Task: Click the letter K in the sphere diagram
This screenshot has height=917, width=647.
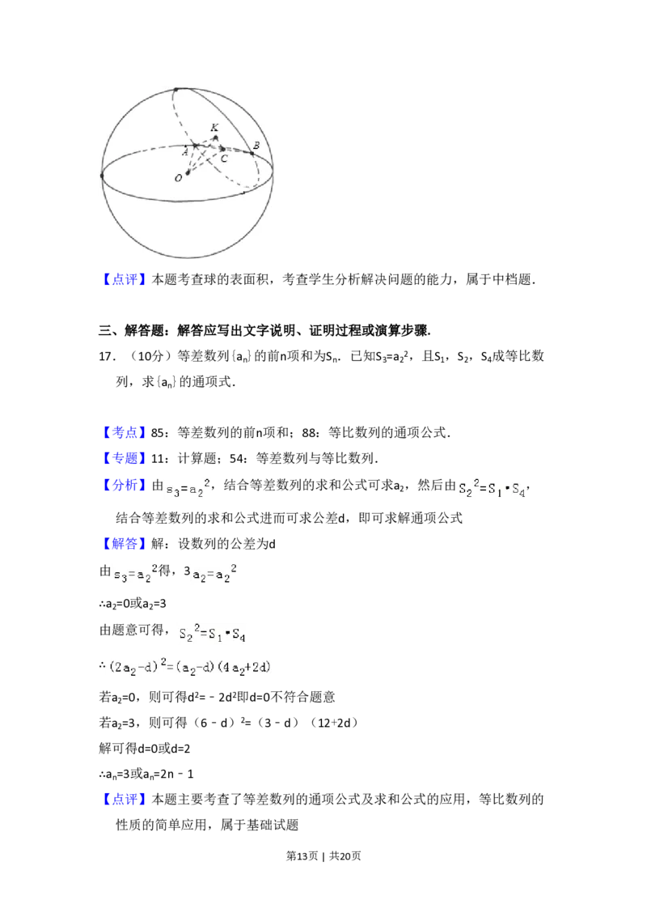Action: coord(214,128)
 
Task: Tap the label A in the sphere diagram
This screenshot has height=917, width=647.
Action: coord(185,152)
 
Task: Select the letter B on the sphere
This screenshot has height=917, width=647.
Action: coord(256,146)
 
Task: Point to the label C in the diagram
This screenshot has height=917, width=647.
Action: coord(224,158)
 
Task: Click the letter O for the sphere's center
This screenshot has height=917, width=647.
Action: coord(178,178)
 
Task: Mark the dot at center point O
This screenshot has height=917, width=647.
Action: coord(188,172)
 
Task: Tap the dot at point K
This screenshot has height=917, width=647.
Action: coord(215,137)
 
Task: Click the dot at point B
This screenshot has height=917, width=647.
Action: coord(252,153)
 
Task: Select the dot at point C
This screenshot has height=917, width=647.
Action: coord(222,149)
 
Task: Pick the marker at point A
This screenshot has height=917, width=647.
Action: coord(195,146)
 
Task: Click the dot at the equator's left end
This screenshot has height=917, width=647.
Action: coord(102,175)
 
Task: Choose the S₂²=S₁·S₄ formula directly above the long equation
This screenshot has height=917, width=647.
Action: coord(214,634)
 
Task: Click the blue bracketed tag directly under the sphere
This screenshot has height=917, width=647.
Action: coord(125,281)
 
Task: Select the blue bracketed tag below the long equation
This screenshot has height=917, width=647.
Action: coord(125,799)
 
